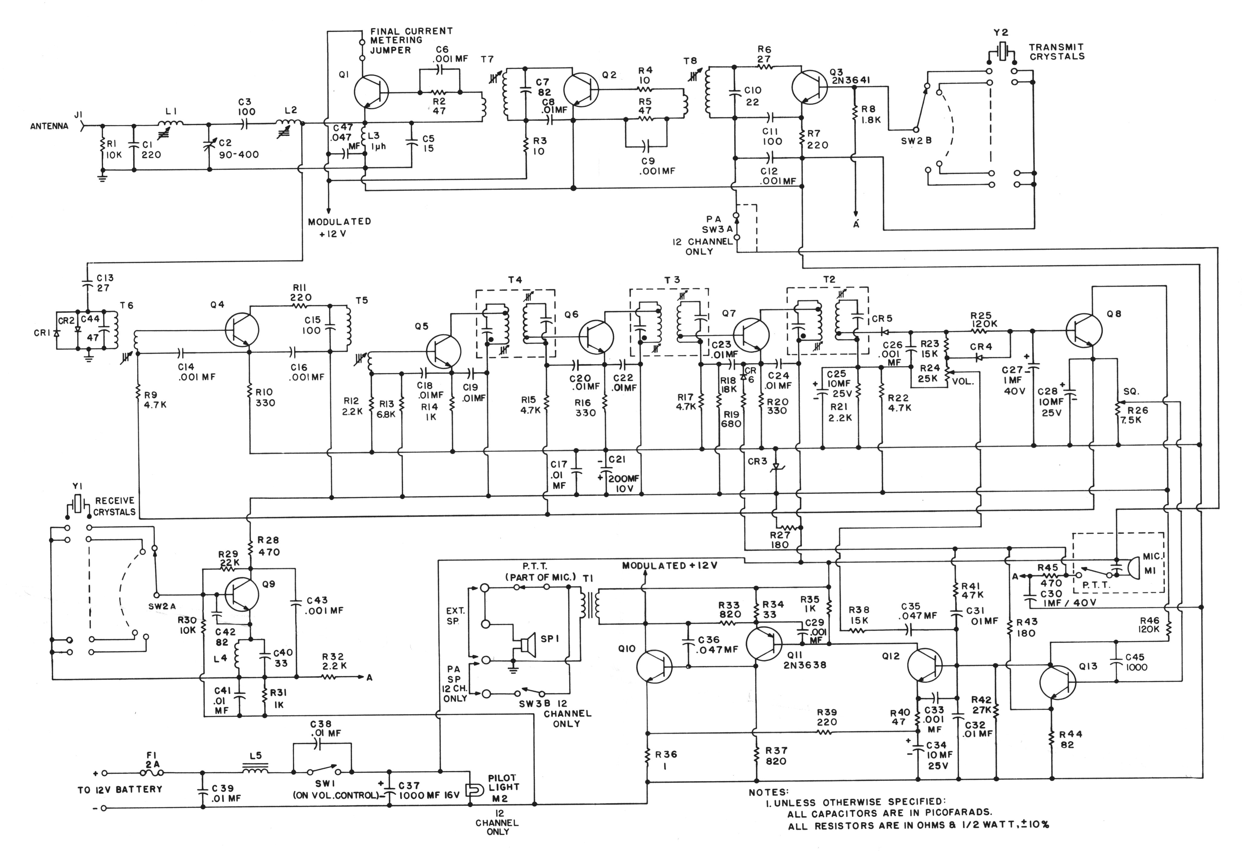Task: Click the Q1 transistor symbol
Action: click(371, 92)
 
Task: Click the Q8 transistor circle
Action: click(1084, 331)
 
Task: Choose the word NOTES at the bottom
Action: click(768, 792)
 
